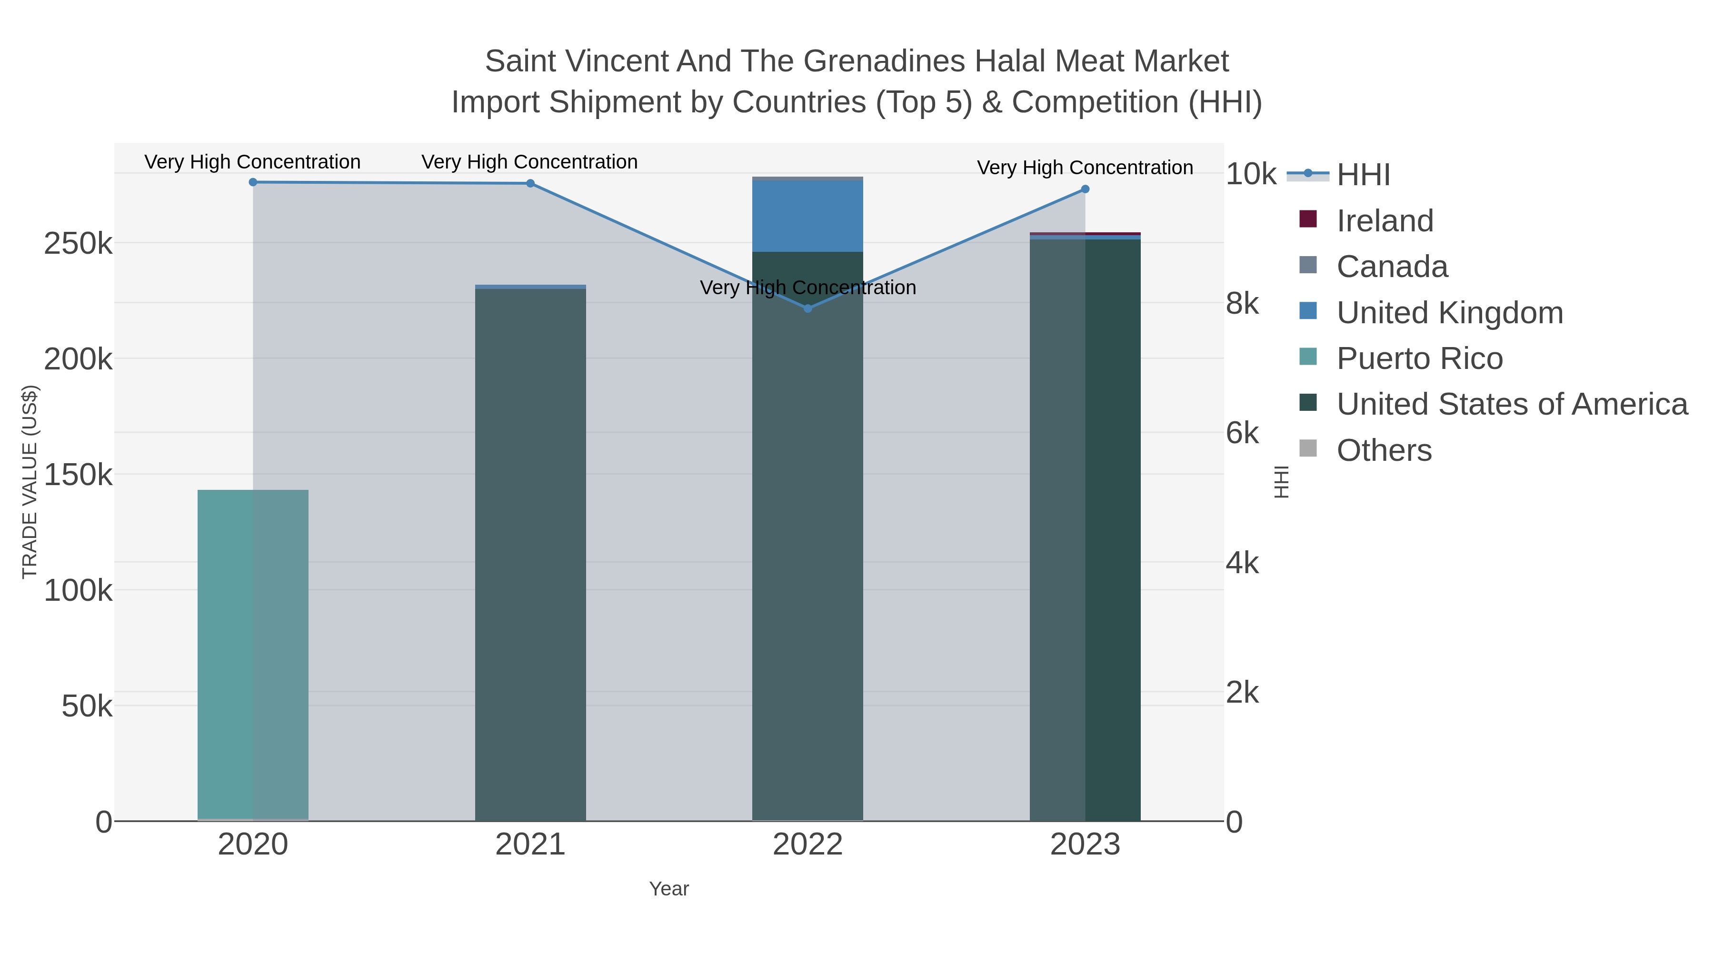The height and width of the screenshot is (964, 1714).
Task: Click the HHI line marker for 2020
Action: click(x=253, y=182)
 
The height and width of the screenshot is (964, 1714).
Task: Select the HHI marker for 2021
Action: click(x=530, y=184)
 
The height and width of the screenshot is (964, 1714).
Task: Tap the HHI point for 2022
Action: click(x=808, y=308)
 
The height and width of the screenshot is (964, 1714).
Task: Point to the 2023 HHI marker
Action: click(x=1085, y=189)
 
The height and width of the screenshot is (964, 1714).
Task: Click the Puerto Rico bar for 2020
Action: click(x=253, y=655)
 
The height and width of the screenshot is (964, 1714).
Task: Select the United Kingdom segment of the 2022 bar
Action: click(x=808, y=216)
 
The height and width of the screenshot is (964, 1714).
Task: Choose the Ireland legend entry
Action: click(x=1385, y=221)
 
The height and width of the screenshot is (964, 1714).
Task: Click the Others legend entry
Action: click(x=1384, y=450)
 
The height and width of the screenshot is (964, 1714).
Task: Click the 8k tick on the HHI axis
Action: click(x=1242, y=304)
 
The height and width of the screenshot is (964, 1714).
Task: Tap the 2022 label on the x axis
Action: click(x=808, y=845)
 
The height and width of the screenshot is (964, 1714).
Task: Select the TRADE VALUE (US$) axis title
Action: click(x=30, y=482)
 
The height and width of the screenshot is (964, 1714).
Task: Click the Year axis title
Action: click(x=669, y=889)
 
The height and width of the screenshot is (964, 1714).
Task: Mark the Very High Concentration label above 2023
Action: click(x=1085, y=168)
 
